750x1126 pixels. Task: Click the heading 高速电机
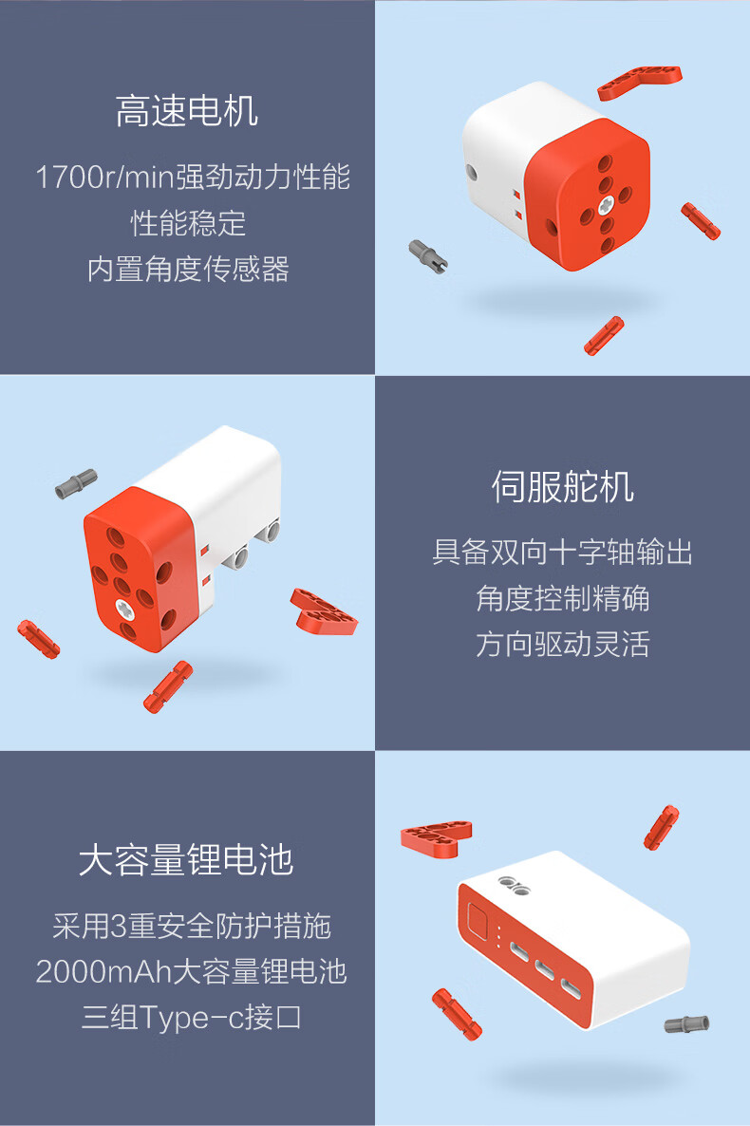pyautogui.click(x=187, y=111)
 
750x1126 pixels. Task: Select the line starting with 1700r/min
pyautogui.click(x=193, y=178)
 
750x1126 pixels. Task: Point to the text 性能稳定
pyautogui.click(x=188, y=223)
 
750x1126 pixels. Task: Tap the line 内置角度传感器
pyautogui.click(x=188, y=270)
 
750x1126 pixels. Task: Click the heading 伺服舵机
pyautogui.click(x=562, y=488)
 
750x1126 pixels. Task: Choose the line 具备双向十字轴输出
pyautogui.click(x=562, y=553)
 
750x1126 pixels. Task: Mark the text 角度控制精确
pyautogui.click(x=562, y=598)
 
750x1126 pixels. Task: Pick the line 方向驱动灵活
pyautogui.click(x=562, y=644)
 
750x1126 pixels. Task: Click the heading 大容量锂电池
pyautogui.click(x=187, y=860)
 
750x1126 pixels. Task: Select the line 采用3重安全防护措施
pyautogui.click(x=192, y=927)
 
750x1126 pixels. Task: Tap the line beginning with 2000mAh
pyautogui.click(x=192, y=971)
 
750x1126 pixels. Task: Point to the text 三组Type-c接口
pyautogui.click(x=191, y=1018)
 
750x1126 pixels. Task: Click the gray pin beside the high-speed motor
pyautogui.click(x=428, y=256)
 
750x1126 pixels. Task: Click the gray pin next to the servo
pyautogui.click(x=76, y=483)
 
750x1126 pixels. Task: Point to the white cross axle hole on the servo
pyautogui.click(x=124, y=609)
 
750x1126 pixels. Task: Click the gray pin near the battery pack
pyautogui.click(x=686, y=1024)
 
